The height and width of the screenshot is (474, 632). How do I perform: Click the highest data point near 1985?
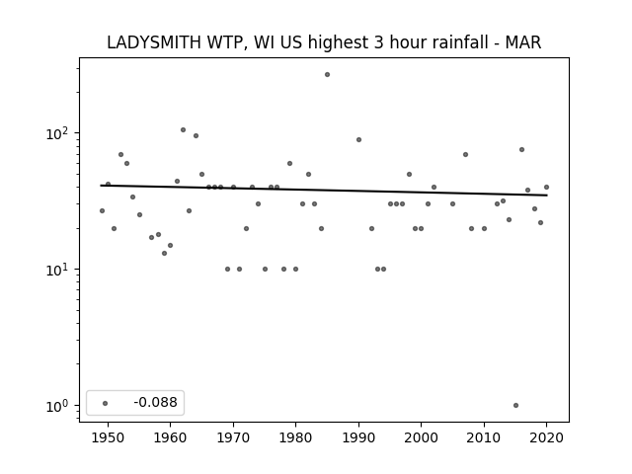327,75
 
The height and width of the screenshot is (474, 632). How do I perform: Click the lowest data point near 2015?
515,406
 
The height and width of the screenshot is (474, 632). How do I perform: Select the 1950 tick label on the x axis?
108,437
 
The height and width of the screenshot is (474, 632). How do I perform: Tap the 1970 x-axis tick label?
233,437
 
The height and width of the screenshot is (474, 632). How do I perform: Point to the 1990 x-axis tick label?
358,437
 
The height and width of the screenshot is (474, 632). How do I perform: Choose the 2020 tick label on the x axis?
546,437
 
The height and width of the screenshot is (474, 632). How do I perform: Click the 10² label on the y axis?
56,133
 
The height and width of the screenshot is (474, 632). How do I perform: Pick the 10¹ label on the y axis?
56,270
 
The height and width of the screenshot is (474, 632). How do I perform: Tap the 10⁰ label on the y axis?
56,406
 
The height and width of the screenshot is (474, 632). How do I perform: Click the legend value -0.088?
155,402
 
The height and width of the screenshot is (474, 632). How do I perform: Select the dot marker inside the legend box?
106,403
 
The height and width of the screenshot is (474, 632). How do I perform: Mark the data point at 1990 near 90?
358,140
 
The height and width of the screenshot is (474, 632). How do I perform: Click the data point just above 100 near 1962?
183,129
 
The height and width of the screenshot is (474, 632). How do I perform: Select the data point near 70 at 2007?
465,154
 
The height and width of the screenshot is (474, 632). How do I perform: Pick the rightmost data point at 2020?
546,187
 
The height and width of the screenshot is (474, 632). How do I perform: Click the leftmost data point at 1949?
102,210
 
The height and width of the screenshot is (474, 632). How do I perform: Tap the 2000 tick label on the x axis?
422,437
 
